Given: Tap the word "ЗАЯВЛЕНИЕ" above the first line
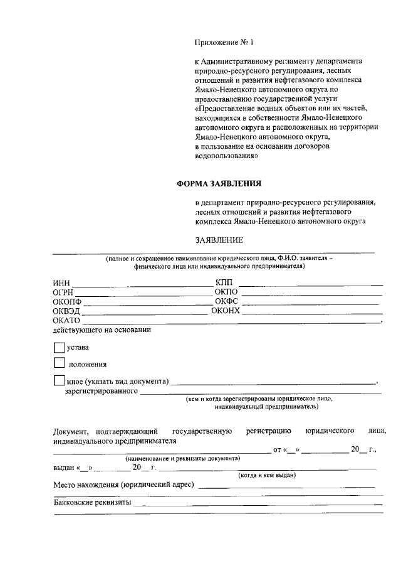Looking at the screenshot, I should [x=219, y=240].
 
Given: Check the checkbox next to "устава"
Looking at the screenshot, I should [x=60, y=346].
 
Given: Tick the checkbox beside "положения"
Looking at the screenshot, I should [x=60, y=363].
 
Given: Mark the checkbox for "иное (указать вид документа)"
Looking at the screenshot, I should [x=60, y=380].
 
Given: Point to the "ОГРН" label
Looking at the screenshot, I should [x=64, y=292].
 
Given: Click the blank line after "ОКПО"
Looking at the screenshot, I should [x=311, y=292].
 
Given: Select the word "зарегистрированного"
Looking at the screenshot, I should [x=101, y=392].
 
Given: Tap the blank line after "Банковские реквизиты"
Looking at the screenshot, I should [x=258, y=503].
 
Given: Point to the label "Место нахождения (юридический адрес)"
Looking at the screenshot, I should [x=124, y=485].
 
